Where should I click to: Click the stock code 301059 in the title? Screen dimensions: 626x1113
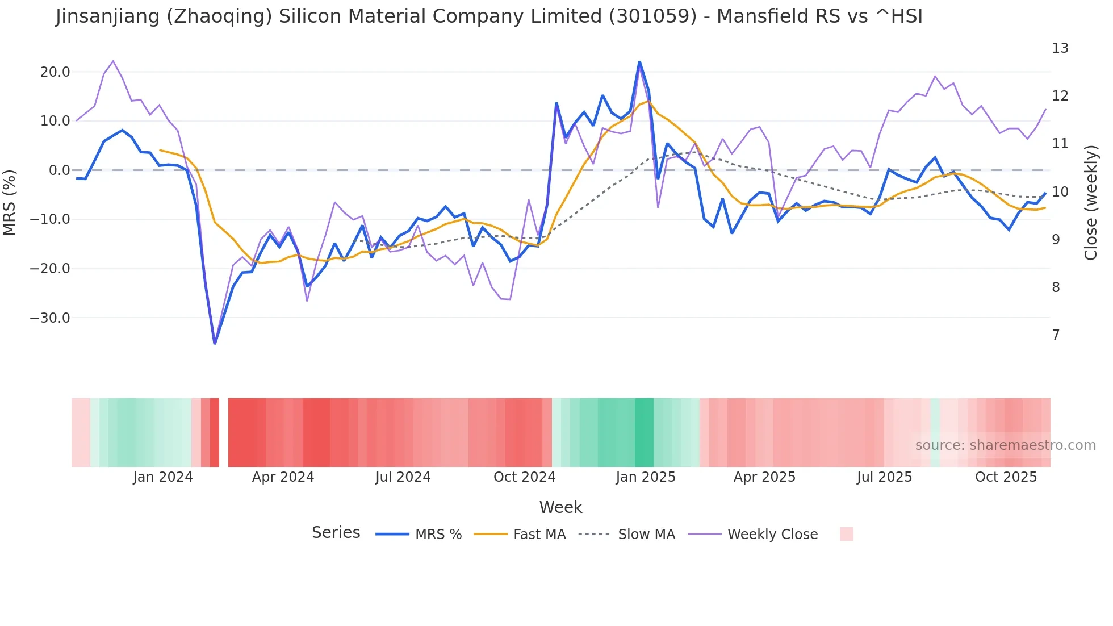[652, 16]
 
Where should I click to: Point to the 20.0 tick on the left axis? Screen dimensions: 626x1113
[55, 72]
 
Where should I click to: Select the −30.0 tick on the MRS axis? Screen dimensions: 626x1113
[50, 318]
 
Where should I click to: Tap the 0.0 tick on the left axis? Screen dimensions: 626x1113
[60, 170]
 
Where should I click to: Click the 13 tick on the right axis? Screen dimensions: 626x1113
[1060, 48]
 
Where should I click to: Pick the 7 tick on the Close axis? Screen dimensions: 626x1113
[1056, 335]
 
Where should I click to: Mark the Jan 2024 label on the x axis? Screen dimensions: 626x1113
[163, 477]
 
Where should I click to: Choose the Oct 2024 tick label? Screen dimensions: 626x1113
[524, 477]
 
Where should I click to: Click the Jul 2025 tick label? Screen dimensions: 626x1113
[884, 477]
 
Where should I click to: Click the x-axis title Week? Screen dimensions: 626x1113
[560, 507]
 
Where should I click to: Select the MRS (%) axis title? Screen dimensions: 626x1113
[10, 202]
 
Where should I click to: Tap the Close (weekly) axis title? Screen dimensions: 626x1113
[1091, 202]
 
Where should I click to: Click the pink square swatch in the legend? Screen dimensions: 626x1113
[846, 534]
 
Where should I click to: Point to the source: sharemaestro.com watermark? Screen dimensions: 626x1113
[1005, 445]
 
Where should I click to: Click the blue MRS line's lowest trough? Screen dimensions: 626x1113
[215, 343]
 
